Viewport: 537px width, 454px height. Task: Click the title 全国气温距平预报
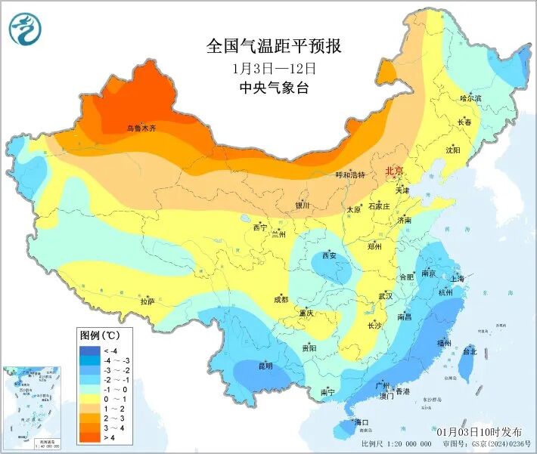click(x=274, y=46)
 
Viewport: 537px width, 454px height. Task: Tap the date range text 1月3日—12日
click(x=274, y=67)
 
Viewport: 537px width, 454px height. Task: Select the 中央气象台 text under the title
click(x=274, y=87)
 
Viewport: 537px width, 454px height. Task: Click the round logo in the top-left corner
click(x=26, y=28)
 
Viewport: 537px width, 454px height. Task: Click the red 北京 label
click(x=395, y=171)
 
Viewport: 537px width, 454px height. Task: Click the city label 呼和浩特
click(x=350, y=174)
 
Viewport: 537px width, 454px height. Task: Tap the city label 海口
click(x=361, y=422)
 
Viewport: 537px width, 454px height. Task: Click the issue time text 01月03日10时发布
click(x=479, y=431)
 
